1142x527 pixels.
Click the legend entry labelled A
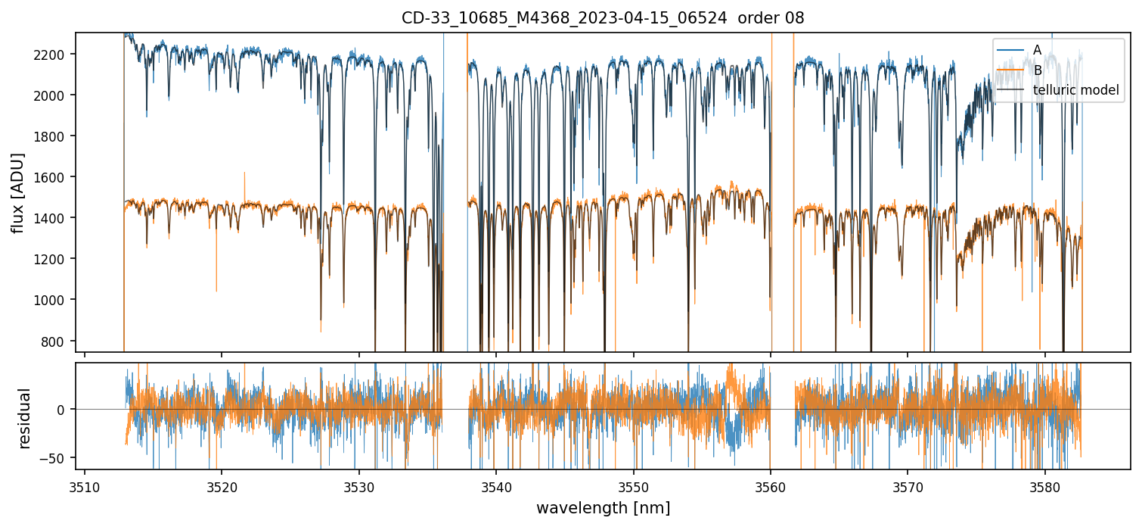(1037, 50)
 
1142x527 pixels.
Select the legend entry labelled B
(1037, 70)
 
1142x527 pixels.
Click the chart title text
(603, 18)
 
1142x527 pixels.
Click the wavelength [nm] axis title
(603, 508)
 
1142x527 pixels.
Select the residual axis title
(25, 418)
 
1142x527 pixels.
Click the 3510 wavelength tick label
(84, 485)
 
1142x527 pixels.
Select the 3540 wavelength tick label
(496, 485)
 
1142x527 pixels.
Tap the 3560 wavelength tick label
(771, 485)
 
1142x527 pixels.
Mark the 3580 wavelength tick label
(1045, 485)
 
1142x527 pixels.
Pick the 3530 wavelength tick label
(358, 485)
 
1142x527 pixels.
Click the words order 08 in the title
(774, 18)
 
